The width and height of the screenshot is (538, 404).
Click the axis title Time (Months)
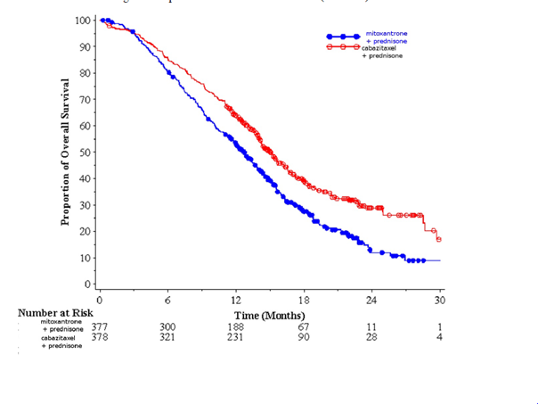(269, 316)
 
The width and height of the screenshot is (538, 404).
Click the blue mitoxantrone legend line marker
(344, 37)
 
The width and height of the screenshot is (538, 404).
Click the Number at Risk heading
(53, 313)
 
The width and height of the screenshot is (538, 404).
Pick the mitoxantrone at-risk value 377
(100, 327)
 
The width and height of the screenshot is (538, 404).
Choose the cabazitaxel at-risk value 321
(167, 338)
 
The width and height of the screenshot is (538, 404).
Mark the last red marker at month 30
(439, 240)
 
